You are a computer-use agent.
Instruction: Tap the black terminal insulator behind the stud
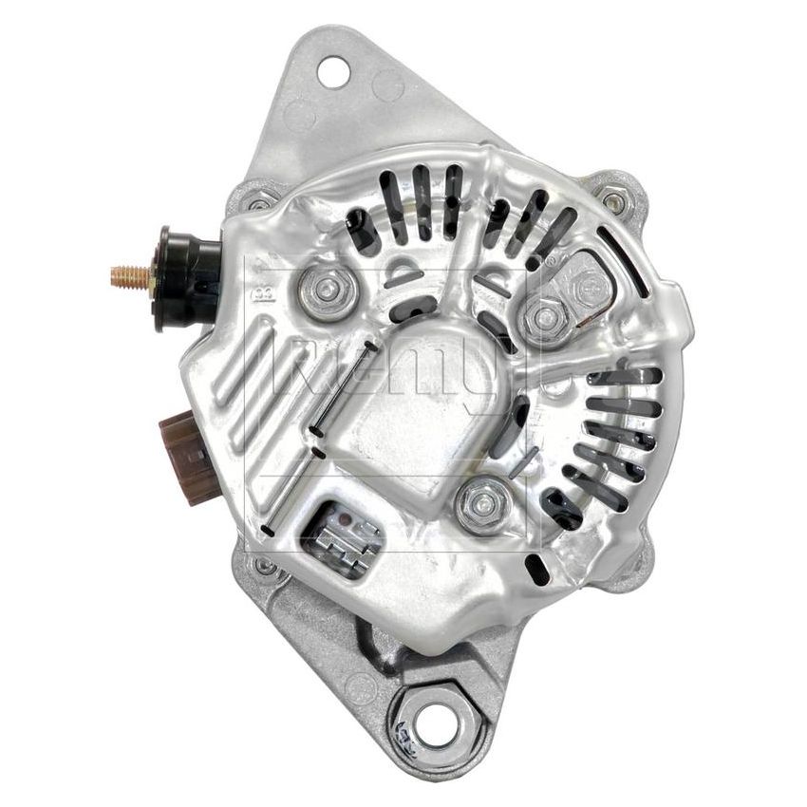tap(182, 278)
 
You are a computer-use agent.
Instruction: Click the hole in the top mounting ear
tap(331, 68)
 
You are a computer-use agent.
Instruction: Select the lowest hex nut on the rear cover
tap(476, 503)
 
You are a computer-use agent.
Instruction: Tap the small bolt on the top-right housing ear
tap(612, 199)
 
